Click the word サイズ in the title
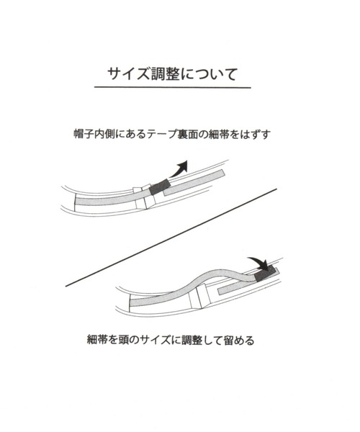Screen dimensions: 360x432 (129, 74)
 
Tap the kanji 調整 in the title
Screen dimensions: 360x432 (166, 74)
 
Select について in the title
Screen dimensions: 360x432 (209, 74)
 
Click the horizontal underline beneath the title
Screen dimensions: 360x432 (173, 87)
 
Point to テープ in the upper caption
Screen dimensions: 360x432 (161, 134)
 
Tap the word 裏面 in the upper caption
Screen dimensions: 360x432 (187, 134)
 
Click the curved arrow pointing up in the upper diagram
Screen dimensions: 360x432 (179, 168)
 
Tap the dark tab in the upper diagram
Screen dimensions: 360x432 (159, 186)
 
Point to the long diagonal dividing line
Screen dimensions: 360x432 (171, 238)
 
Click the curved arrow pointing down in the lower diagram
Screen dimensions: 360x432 (259, 262)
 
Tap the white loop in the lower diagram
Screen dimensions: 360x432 (199, 296)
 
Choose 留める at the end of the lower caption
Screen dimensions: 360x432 (239, 341)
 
